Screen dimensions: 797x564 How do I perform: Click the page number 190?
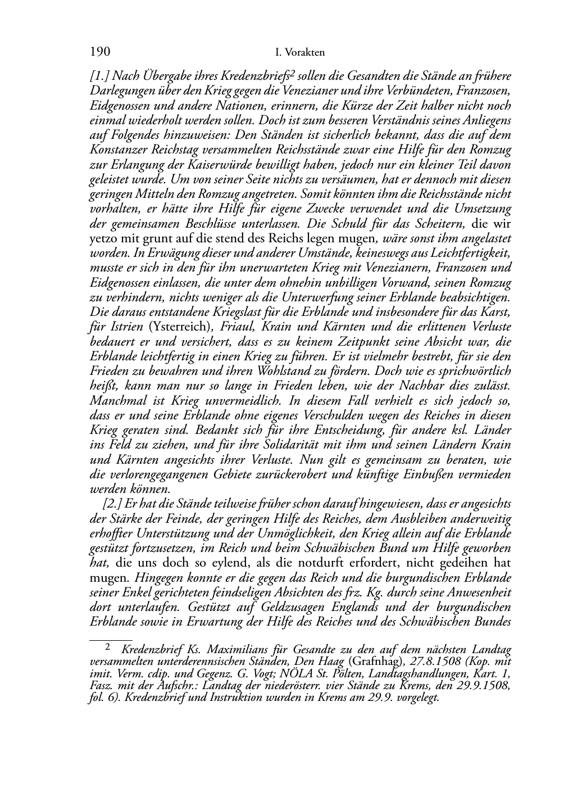tap(99, 52)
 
